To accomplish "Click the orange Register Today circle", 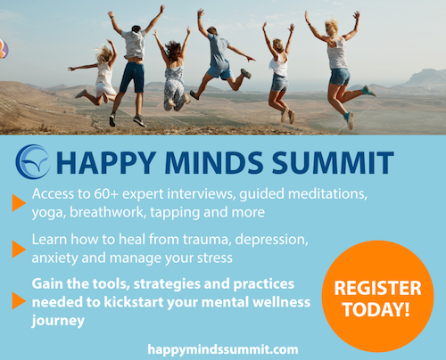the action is pos(377,296).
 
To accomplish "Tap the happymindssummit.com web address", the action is pos(223,349).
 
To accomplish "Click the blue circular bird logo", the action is pos(32,162).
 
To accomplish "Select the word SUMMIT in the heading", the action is pos(333,162).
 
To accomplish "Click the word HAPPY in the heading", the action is pos(105,162).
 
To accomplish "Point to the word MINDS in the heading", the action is pos(214,162).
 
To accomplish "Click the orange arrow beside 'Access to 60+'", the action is pos(19,202).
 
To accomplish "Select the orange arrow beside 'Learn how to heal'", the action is pos(19,249).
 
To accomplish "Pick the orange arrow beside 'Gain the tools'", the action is pos(19,300).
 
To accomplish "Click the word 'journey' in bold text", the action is pos(58,321).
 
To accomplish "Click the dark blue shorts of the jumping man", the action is pos(132,78).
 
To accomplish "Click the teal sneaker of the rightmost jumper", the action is pos(369,91).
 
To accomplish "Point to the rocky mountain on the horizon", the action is pos(425,78).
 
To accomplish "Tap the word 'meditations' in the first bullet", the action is pos(327,194).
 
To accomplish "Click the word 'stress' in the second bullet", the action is pos(215,258).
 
